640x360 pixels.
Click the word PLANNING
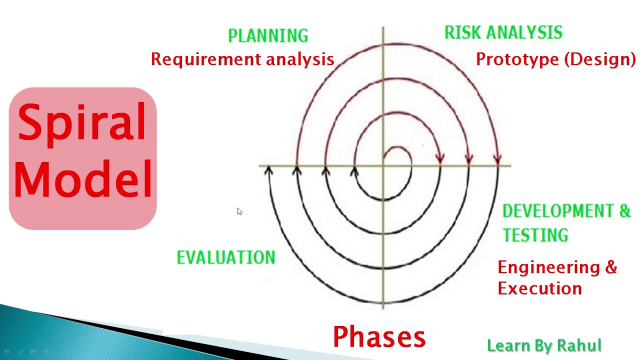coord(268,35)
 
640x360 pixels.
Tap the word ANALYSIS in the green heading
coord(524,32)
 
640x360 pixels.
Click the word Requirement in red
coord(205,59)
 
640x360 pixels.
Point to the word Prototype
coord(517,59)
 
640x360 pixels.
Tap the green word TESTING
coord(535,235)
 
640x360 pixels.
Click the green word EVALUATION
coord(226,257)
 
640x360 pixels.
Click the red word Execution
coord(539,288)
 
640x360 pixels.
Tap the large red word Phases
coord(379,337)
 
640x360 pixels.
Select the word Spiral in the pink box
coord(82,123)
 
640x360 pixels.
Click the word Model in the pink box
coord(83,179)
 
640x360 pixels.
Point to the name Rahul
coord(579,345)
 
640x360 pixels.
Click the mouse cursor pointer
coord(239,211)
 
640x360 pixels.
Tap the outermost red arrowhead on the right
coord(497,159)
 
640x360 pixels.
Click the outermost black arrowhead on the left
coord(268,170)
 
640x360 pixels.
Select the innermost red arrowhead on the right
coord(440,159)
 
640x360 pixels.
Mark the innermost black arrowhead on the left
coord(354,171)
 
